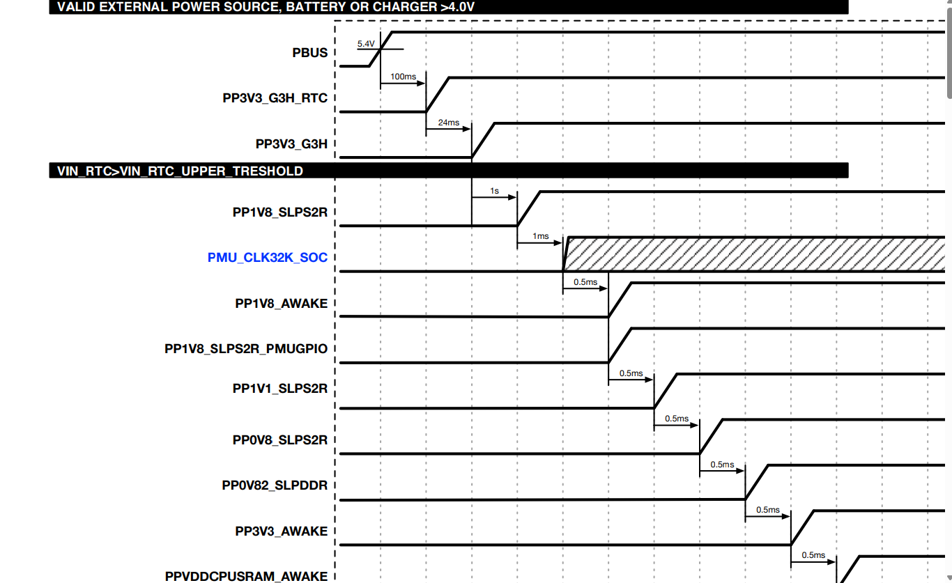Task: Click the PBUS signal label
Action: pos(309,53)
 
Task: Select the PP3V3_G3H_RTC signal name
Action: pos(275,98)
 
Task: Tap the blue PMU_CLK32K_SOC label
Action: pos(267,258)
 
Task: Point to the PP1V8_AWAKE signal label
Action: pos(281,304)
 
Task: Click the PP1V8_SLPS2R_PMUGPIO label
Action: pos(245,349)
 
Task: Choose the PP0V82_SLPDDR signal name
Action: pos(275,485)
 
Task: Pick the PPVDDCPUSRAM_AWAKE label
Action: pos(246,576)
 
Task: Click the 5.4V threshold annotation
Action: pos(366,43)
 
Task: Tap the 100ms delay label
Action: pos(403,77)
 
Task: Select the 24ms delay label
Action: pos(449,123)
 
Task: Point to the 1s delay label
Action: pos(494,191)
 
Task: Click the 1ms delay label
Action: pos(540,236)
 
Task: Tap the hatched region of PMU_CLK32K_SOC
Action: pos(753,254)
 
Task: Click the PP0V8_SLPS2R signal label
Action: pos(279,440)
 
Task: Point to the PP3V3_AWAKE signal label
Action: pos(281,531)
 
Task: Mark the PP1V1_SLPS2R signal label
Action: pos(279,389)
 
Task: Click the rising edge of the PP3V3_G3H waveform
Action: pos(483,140)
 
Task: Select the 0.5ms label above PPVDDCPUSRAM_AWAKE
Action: pos(813,555)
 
